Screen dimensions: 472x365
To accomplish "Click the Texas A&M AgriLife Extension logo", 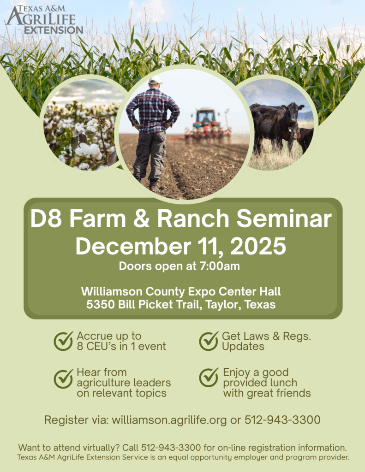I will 45,20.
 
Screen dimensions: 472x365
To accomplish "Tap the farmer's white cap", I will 155,80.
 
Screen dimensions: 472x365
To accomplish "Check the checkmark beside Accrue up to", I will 64,341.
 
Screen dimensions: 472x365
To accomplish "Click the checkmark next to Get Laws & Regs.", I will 209,341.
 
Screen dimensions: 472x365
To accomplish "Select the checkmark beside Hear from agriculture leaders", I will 64,378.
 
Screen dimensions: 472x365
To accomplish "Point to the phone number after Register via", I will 282,420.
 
